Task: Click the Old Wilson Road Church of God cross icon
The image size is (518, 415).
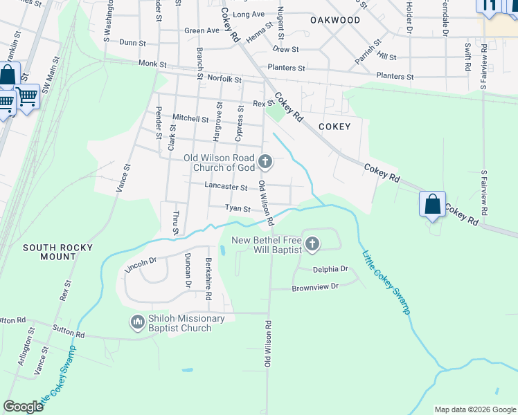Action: click(x=265, y=163)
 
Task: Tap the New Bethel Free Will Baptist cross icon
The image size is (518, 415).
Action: click(x=312, y=243)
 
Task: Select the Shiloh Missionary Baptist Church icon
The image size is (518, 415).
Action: click(x=136, y=322)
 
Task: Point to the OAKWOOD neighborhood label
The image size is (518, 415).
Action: click(x=334, y=20)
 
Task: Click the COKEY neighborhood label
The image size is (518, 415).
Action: click(x=334, y=127)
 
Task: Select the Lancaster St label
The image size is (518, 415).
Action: click(x=226, y=187)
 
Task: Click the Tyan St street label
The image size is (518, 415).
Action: click(x=237, y=208)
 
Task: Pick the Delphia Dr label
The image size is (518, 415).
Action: click(x=330, y=269)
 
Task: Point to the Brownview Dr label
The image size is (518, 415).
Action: click(x=314, y=287)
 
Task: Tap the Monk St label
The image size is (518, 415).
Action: click(x=152, y=64)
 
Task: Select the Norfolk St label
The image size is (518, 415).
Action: click(x=223, y=80)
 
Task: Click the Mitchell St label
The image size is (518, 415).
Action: click(x=190, y=118)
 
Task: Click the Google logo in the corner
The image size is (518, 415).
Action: click(x=23, y=406)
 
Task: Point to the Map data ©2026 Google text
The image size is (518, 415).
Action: click(x=474, y=409)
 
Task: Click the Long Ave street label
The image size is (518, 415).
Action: click(x=249, y=14)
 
